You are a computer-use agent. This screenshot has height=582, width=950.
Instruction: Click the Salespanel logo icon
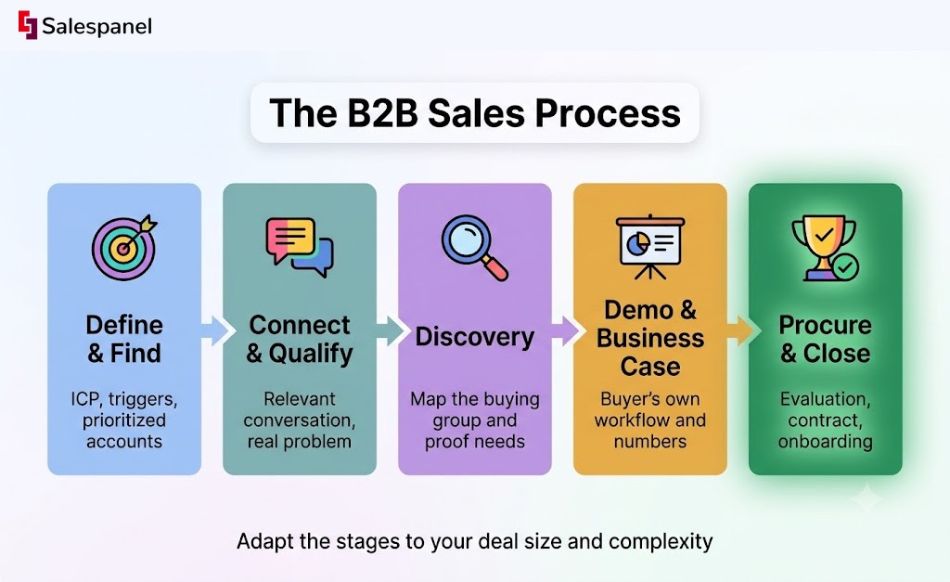[28, 25]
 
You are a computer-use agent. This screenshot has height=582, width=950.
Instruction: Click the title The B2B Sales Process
[475, 112]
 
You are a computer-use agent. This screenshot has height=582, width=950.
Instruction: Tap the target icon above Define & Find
[125, 247]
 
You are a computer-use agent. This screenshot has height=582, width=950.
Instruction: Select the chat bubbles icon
[300, 247]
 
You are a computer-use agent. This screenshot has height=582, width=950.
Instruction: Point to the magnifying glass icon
[474, 248]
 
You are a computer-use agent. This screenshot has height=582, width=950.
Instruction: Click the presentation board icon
[650, 247]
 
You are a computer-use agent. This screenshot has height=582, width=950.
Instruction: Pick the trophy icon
[825, 248]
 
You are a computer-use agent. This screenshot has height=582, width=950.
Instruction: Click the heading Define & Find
[124, 339]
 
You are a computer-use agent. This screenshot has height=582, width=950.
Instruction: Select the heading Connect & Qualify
[300, 339]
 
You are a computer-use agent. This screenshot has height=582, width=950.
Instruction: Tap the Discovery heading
[474, 336]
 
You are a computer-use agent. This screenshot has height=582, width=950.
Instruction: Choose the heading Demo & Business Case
[650, 338]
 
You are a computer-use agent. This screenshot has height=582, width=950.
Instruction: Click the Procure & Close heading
[825, 339]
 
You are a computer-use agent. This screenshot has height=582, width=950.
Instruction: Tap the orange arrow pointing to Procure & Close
[741, 331]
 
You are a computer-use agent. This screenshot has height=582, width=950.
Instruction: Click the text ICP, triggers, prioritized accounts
[124, 420]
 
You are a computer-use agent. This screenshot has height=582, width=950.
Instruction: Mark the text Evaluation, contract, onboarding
[825, 420]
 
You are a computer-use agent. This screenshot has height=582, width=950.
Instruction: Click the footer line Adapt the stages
[474, 541]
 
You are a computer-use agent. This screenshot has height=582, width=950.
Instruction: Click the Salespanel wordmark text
[96, 27]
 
